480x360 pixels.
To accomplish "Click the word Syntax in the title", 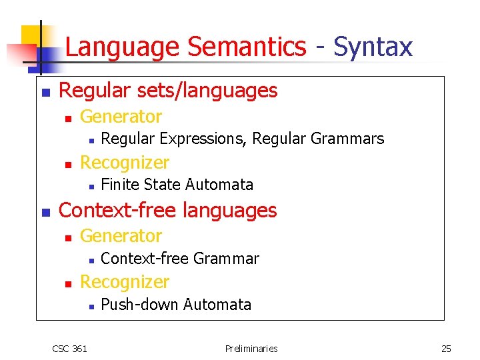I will pos(373,47).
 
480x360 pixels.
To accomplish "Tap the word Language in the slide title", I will pos(123,47).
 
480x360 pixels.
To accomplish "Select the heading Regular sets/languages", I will pos(168,90).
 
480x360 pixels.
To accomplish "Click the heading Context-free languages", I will pos(167,210).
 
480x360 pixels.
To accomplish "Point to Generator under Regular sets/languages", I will pos(121,117).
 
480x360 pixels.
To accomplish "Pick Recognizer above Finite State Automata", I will pos(125,162).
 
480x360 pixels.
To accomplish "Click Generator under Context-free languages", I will pos(121,236).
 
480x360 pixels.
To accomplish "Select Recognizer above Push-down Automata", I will pos(125,281).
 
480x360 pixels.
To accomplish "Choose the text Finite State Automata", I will pos(177,184).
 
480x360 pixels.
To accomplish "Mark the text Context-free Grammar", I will pos(179,258).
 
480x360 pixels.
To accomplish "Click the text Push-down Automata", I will pos(176,305).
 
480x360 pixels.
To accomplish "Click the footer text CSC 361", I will pos(69,348).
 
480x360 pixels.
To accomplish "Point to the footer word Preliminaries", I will pos(251,348).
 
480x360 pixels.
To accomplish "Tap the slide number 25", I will pos(446,348).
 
